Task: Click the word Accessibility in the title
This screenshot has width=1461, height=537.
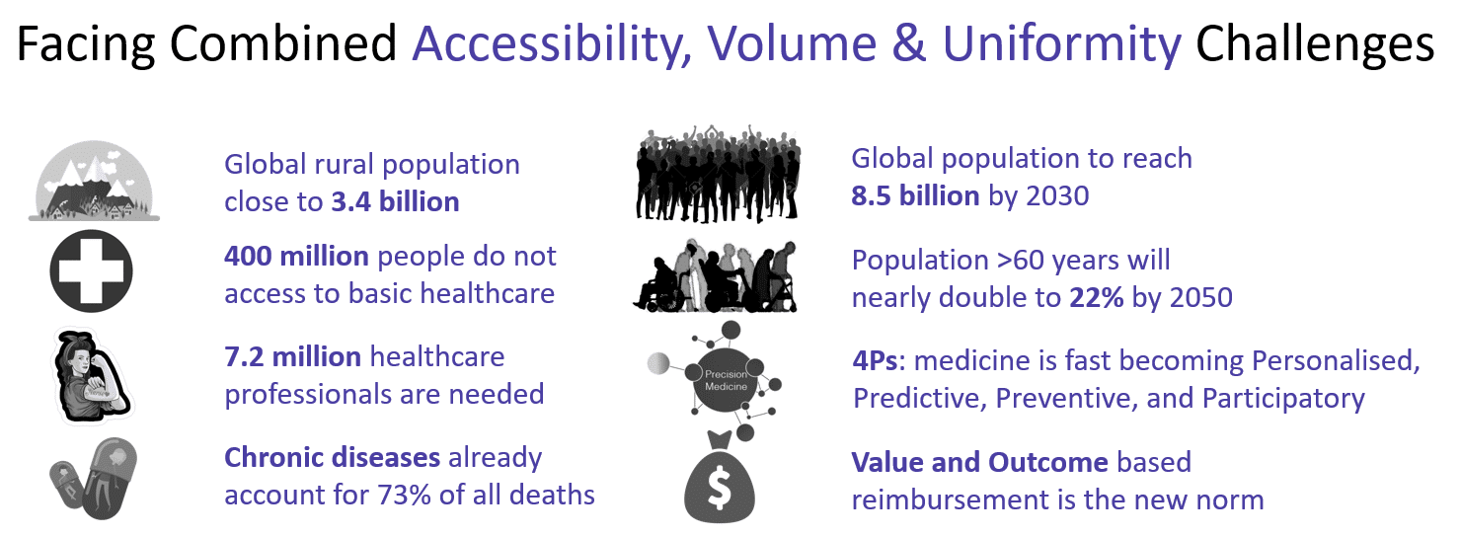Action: [552, 44]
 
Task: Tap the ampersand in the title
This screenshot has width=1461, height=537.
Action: [909, 43]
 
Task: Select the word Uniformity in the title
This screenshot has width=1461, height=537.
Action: [1062, 44]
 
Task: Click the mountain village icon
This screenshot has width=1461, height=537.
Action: [94, 181]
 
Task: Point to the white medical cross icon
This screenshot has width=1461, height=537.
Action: [91, 270]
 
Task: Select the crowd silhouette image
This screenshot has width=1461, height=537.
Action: [718, 174]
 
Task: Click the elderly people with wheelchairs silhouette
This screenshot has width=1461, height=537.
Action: [715, 276]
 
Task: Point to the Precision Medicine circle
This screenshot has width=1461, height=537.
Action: [726, 380]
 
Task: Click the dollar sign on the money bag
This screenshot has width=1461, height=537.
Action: [720, 490]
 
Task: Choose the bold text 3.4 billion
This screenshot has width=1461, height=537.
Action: [395, 201]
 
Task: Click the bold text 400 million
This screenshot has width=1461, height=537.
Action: [297, 256]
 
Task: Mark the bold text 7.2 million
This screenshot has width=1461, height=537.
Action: [293, 357]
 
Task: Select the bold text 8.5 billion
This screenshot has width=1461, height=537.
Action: [916, 195]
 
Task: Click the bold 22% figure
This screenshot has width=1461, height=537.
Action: [1097, 297]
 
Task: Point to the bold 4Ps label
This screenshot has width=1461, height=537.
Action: [876, 360]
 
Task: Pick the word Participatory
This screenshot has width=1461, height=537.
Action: [1283, 399]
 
